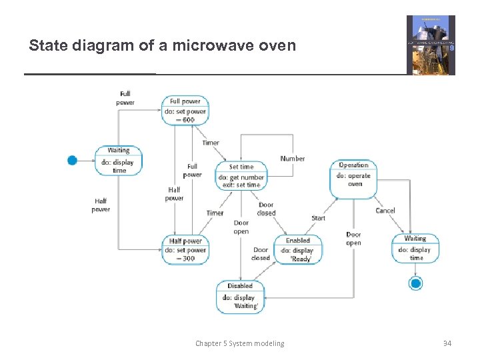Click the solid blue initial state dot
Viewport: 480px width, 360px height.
click(x=73, y=160)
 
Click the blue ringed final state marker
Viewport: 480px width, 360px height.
click(x=416, y=284)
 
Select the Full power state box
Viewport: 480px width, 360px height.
click(x=185, y=110)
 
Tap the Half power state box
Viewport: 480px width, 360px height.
click(x=185, y=250)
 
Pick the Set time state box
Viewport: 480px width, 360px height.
click(x=241, y=175)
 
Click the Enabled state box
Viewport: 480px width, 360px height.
click(x=297, y=249)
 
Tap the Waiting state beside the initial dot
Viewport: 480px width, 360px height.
click(x=119, y=161)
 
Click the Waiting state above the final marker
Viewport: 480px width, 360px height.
click(x=415, y=248)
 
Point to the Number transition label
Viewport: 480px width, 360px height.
click(x=292, y=159)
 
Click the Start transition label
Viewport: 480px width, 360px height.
click(x=319, y=218)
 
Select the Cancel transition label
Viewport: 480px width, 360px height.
click(x=385, y=211)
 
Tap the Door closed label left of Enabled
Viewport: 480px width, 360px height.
click(x=261, y=254)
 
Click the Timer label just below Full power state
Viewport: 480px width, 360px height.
click(x=211, y=143)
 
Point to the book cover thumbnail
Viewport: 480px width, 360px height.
click(x=431, y=45)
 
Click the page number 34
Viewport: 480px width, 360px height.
click(x=447, y=343)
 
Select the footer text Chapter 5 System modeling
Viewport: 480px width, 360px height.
click(x=239, y=343)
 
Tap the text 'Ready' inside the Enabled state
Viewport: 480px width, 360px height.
click(x=301, y=259)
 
